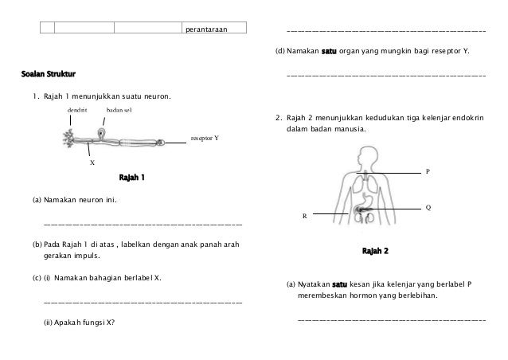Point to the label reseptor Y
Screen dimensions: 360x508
pos(204,138)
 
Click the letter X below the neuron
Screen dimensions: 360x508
pos(92,162)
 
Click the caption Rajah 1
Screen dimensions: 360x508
pos(131,177)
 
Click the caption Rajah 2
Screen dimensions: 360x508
pos(375,252)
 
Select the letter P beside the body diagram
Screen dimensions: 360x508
pos(428,171)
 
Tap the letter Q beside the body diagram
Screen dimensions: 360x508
pos(428,207)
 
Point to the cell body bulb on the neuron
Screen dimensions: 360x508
pos(102,131)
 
